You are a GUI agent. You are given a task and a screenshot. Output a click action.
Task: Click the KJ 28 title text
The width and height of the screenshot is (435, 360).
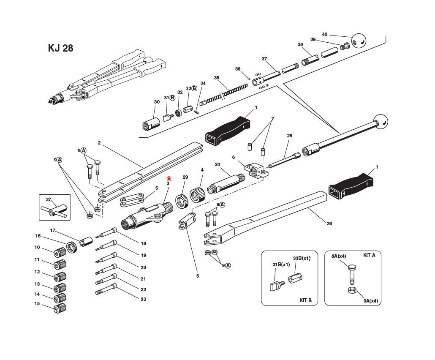pyautogui.click(x=60, y=48)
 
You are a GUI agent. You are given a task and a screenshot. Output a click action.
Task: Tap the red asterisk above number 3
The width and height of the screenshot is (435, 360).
pyautogui.click(x=169, y=179)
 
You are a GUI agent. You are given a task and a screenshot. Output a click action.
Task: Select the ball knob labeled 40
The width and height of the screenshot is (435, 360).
pyautogui.click(x=359, y=41)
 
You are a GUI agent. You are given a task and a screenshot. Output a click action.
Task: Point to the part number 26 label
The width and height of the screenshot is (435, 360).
pyautogui.click(x=329, y=224)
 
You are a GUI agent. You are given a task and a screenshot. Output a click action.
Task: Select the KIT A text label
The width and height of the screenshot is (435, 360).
pyautogui.click(x=369, y=255)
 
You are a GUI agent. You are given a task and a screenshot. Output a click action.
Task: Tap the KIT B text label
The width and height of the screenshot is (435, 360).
pyautogui.click(x=305, y=300)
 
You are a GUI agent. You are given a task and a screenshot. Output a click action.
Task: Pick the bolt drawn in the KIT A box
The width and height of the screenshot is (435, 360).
pyautogui.click(x=352, y=274)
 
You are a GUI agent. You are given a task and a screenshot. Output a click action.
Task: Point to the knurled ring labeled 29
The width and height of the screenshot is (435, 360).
pyautogui.click(x=182, y=199)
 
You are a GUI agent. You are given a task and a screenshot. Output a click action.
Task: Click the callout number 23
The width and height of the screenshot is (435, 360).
pyautogui.click(x=143, y=299)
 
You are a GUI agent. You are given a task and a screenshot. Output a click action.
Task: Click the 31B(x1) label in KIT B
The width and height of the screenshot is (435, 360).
pyautogui.click(x=281, y=265)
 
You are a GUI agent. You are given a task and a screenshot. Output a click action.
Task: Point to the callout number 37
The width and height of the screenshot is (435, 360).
pyautogui.click(x=264, y=59)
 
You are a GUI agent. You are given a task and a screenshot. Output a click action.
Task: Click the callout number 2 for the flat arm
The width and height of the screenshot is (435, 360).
pyautogui.click(x=99, y=143)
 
